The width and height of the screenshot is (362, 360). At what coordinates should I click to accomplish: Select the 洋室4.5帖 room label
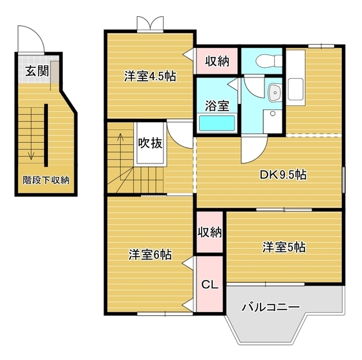[151, 76]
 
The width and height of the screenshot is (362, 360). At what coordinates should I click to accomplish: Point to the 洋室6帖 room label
[150, 255]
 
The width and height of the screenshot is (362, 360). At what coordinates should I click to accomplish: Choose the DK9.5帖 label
[283, 175]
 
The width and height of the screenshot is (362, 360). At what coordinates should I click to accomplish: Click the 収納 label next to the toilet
[217, 61]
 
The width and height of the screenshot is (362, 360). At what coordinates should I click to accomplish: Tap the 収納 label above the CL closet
[209, 232]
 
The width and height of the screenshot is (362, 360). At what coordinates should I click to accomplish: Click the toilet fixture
[266, 62]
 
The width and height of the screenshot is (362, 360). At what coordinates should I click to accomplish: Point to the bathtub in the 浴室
[217, 123]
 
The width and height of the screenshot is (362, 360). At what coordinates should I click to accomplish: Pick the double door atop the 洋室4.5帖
[150, 23]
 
